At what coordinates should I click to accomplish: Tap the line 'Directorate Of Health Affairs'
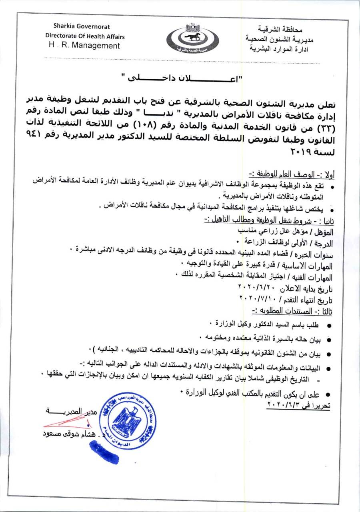85,36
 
